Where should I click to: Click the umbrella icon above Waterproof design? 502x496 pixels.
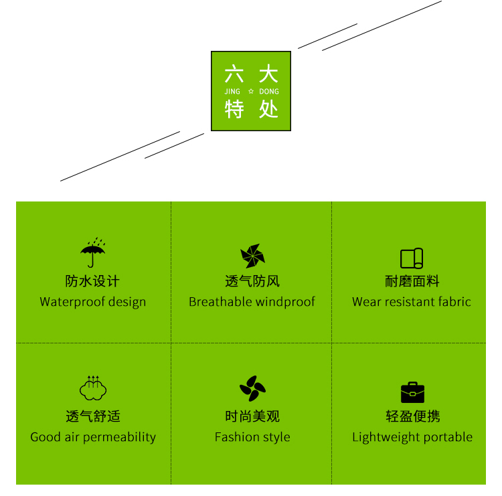93,253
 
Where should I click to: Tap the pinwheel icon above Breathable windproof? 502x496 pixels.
252,256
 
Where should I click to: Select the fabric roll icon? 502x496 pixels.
412,258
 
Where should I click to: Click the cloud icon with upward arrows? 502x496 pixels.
93,388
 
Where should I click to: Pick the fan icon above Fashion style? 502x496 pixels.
252,389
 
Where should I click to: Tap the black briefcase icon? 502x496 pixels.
412,392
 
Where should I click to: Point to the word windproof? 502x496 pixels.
285,302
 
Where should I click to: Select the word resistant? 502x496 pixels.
410,302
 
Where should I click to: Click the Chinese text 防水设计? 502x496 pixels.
92,281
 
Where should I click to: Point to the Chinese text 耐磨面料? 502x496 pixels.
412,281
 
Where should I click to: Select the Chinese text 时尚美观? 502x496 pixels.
252,416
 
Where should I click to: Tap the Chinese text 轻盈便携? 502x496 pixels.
412,416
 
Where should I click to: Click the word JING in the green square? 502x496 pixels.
232,91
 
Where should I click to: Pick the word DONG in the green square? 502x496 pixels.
268,91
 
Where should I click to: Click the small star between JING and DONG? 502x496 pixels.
251,91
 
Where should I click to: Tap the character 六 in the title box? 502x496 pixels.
234,74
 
